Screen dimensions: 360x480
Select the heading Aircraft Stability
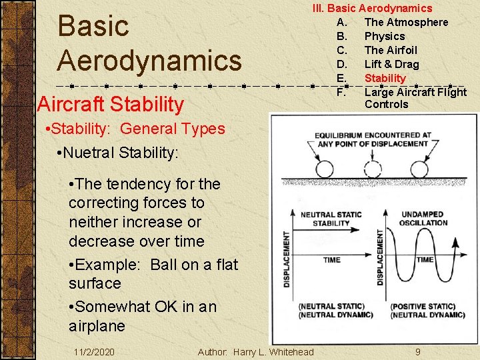[x=111, y=104]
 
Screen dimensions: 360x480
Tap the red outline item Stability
[x=385, y=78]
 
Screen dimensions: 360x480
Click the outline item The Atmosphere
[x=406, y=22]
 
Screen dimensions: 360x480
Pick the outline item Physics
[x=385, y=36]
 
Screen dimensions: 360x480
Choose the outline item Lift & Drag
[x=391, y=64]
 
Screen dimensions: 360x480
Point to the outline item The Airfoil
[x=391, y=50]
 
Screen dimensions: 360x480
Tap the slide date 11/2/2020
[x=94, y=351]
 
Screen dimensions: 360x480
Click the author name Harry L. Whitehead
[x=273, y=351]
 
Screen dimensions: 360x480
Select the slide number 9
[x=417, y=351]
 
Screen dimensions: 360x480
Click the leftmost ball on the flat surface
[x=326, y=167]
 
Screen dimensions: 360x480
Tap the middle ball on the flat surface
[x=373, y=167]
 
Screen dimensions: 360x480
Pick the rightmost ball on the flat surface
[x=421, y=167]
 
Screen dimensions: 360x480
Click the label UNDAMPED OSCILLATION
[x=424, y=219]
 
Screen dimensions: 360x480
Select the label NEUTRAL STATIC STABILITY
[x=331, y=219]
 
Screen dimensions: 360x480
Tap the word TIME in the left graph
[x=331, y=260]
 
